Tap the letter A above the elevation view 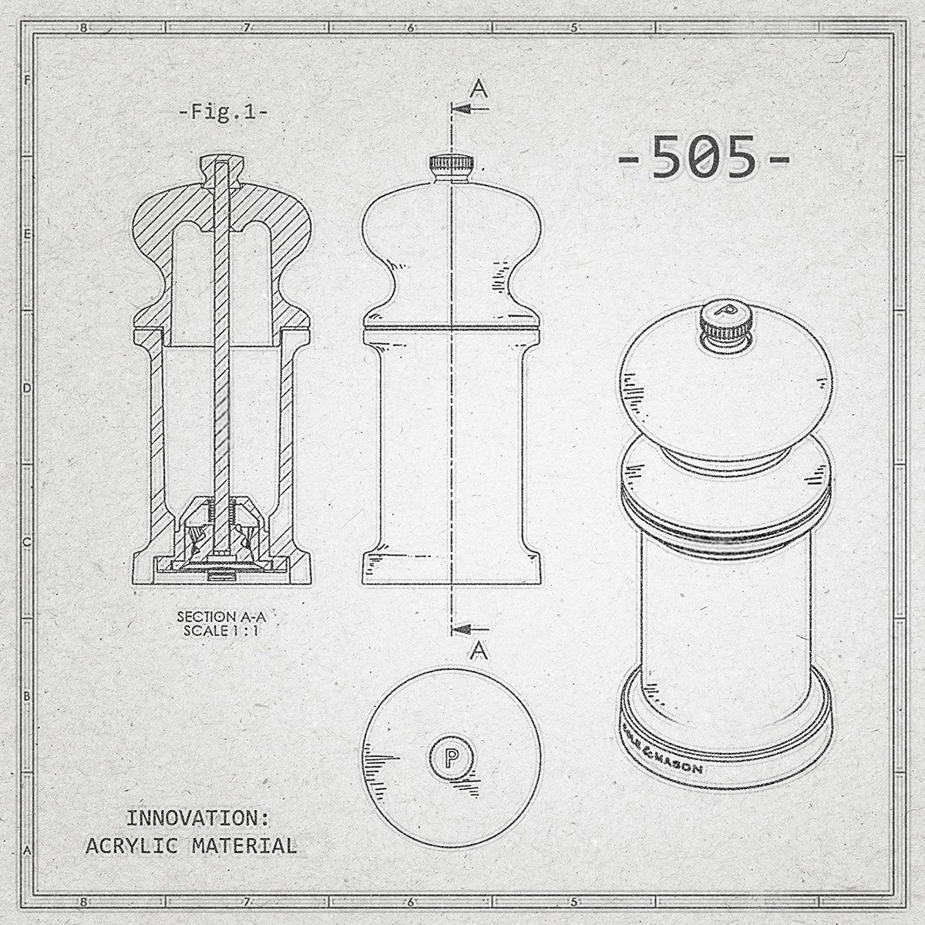[479, 89]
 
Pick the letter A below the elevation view [479, 651]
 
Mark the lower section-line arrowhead [459, 630]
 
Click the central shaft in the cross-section [222, 347]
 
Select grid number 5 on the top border [574, 29]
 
